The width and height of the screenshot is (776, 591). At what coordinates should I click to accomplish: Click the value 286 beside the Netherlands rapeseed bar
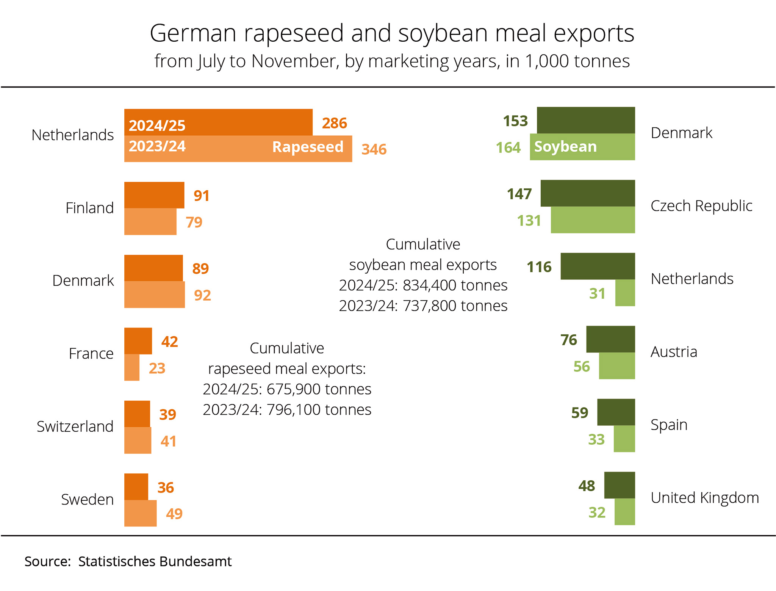pyautogui.click(x=334, y=123)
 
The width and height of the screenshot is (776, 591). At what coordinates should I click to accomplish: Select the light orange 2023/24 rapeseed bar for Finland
pyautogui.click(x=150, y=222)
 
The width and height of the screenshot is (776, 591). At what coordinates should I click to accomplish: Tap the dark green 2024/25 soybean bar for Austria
pyautogui.click(x=610, y=339)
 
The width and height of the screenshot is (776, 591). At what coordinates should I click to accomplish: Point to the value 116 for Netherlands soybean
pyautogui.click(x=539, y=267)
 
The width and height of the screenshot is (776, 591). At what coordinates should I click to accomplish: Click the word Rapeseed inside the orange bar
pyautogui.click(x=308, y=147)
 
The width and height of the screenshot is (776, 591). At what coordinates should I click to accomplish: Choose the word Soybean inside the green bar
pyautogui.click(x=565, y=147)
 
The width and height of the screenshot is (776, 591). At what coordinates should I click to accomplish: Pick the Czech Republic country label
pyautogui.click(x=701, y=206)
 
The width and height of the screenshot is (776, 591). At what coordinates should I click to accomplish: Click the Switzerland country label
pyautogui.click(x=75, y=426)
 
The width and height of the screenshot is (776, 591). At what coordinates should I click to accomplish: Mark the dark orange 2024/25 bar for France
pyautogui.click(x=138, y=341)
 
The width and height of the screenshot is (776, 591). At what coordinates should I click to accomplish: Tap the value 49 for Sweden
pyautogui.click(x=174, y=514)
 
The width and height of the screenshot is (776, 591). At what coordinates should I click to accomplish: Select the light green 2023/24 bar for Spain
pyautogui.click(x=624, y=439)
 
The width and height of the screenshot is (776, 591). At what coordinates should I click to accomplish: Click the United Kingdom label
pyautogui.click(x=704, y=498)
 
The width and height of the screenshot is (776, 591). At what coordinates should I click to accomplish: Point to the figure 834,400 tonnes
pyautogui.click(x=455, y=285)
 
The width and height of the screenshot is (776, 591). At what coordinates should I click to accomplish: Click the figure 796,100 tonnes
pyautogui.click(x=319, y=410)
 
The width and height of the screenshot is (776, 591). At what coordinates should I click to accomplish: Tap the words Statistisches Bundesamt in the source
pyautogui.click(x=155, y=561)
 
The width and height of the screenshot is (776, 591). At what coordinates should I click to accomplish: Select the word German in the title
pyautogui.click(x=193, y=33)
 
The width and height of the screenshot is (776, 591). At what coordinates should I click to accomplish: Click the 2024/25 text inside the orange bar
pyautogui.click(x=157, y=126)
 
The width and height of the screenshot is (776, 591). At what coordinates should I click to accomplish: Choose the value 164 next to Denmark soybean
pyautogui.click(x=508, y=147)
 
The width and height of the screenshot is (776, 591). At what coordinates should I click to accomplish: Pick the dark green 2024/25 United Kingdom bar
pyautogui.click(x=619, y=485)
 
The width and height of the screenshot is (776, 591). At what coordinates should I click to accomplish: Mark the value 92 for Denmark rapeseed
pyautogui.click(x=202, y=295)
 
